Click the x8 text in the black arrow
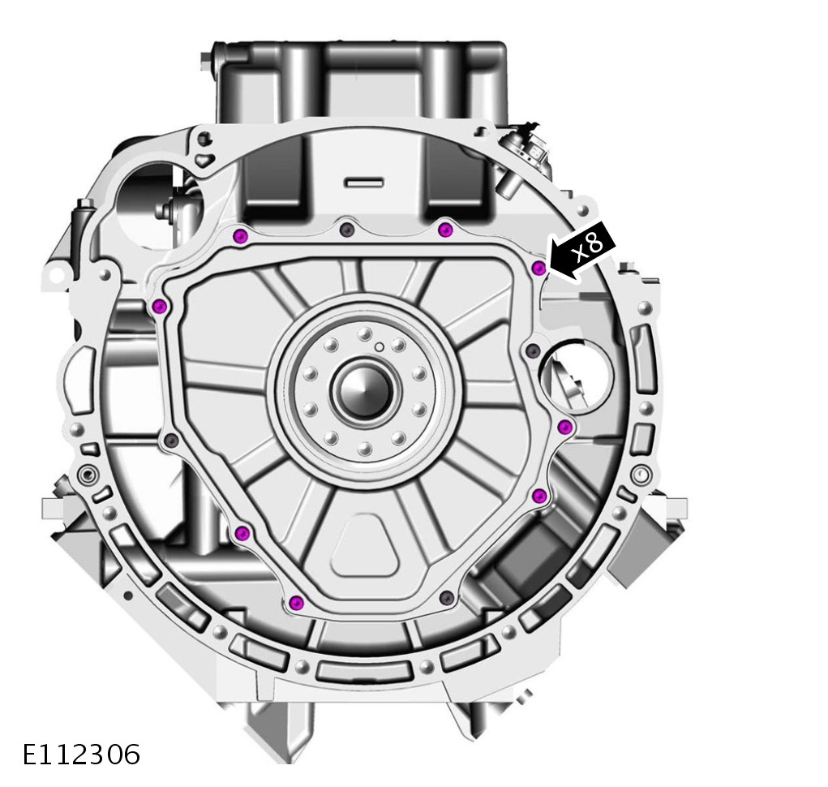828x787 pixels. click(588, 246)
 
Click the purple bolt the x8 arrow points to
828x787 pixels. click(538, 269)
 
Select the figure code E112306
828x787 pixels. click(81, 754)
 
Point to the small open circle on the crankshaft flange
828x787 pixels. click(379, 347)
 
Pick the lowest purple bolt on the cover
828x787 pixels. click(297, 601)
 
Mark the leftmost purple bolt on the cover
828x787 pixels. click(160, 306)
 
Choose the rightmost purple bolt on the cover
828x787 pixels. click(565, 426)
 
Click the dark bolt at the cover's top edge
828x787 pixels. click(346, 229)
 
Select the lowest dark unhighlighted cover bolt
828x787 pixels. click(448, 597)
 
